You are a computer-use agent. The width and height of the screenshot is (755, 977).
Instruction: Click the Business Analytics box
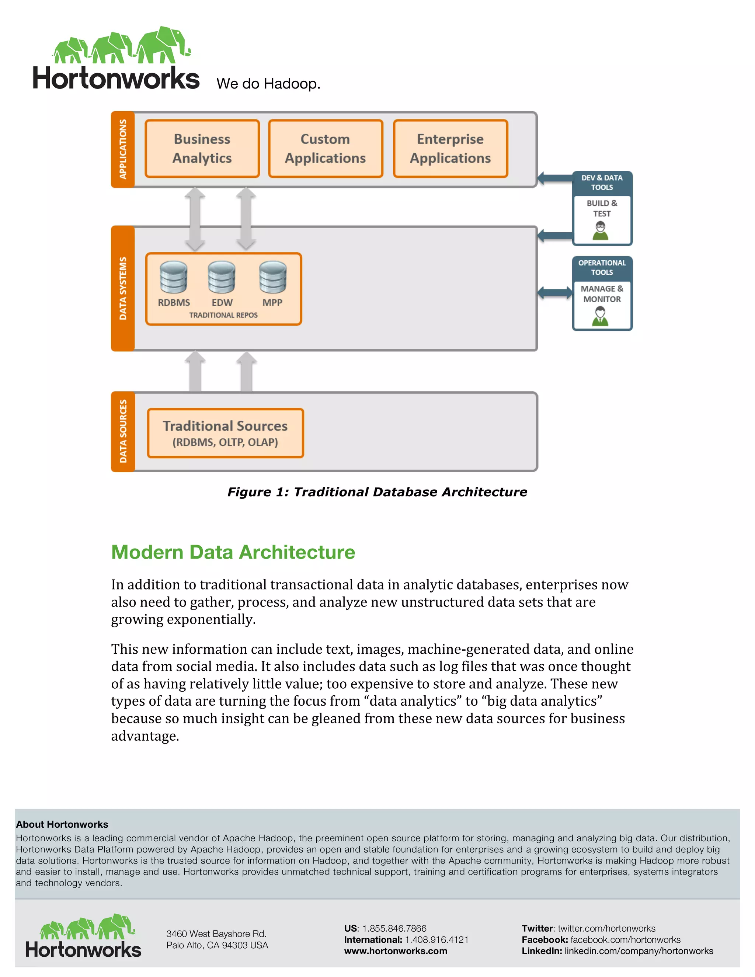coord(202,149)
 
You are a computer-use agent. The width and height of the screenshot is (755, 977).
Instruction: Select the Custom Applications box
coord(326,149)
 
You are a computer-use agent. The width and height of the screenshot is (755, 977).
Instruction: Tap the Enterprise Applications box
coord(450,149)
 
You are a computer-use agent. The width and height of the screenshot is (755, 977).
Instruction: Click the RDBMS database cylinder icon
coord(174,277)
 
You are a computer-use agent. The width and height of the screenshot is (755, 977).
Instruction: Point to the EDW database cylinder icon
coord(222,277)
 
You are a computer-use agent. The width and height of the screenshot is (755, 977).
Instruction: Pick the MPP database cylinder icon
coord(272,277)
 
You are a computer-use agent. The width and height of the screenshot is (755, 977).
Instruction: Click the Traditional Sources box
coord(225,433)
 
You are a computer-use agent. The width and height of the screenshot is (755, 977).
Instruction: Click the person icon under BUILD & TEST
coord(601,231)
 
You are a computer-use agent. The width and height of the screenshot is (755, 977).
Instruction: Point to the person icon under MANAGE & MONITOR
coord(600,316)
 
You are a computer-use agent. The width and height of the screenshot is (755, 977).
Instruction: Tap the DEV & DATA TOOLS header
coord(602,182)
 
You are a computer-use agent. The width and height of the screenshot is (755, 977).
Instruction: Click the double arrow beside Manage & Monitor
coord(554,293)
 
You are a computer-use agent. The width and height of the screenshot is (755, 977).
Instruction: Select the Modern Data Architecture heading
coord(233,552)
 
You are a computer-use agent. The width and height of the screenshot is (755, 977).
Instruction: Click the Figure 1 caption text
coord(377,492)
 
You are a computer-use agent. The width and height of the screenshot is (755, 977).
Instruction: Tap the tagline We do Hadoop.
coord(268,84)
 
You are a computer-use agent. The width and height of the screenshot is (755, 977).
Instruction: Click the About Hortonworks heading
coord(62,824)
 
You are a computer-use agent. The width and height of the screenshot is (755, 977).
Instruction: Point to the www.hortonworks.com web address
coord(396,951)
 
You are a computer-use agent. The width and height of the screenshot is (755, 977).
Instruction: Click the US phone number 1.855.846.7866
coord(394,928)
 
